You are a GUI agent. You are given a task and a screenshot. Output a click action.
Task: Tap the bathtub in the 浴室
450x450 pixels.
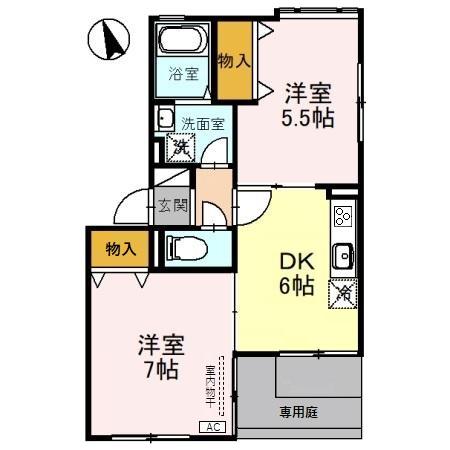click(181, 43)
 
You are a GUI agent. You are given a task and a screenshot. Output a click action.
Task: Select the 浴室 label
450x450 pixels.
click(182, 74)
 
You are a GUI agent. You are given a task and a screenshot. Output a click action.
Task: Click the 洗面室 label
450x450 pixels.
click(201, 125)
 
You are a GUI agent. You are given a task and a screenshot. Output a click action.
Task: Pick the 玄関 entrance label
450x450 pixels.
click(172, 207)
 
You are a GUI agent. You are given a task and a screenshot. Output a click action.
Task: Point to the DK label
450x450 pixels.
click(297, 262)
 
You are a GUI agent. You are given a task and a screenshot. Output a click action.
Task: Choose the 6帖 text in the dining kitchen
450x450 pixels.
click(297, 287)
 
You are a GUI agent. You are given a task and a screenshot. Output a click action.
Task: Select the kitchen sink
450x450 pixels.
click(342, 254)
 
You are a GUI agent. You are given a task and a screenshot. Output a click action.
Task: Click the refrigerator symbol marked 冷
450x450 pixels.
click(342, 293)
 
